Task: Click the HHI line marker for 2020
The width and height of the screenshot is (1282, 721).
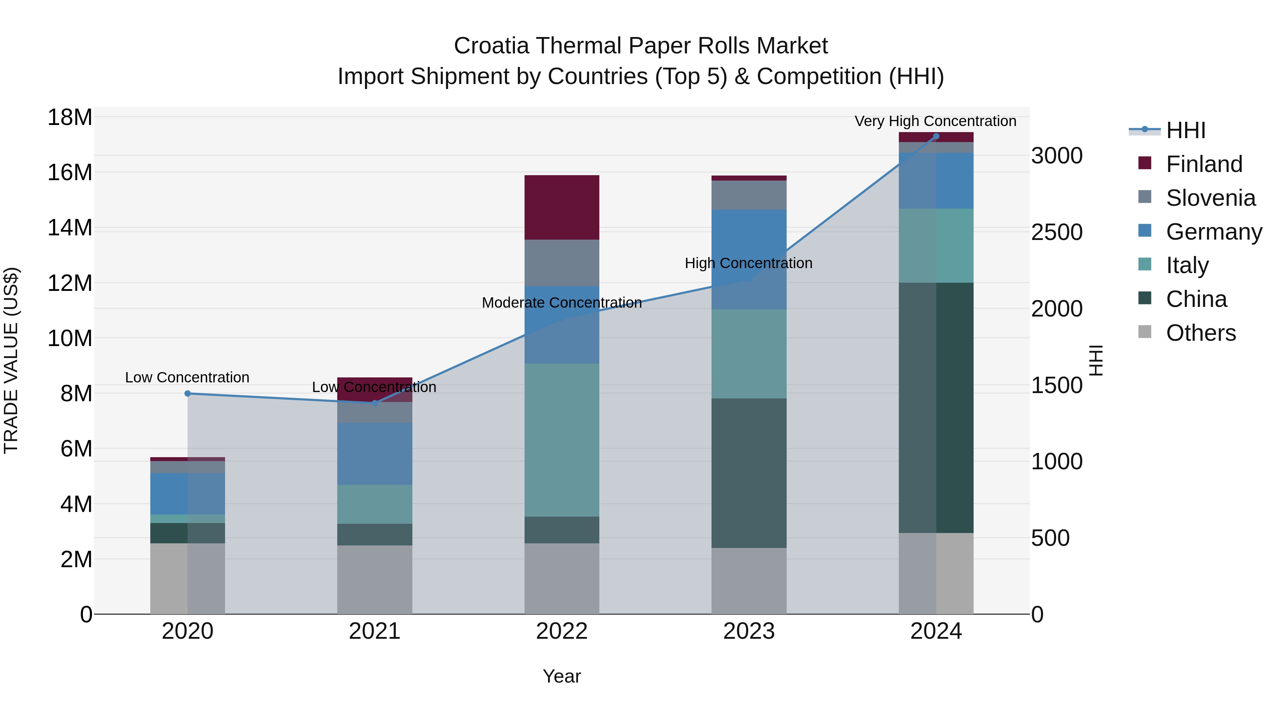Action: (188, 393)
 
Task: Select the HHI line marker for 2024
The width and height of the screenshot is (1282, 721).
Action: (936, 136)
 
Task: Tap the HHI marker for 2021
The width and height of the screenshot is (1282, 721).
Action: (375, 403)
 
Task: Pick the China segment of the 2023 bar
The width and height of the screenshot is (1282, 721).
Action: (749, 473)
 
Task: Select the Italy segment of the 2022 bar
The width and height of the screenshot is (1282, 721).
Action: (562, 440)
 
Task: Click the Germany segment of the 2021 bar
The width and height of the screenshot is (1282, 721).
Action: (375, 454)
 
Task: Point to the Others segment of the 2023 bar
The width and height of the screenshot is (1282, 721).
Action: (749, 581)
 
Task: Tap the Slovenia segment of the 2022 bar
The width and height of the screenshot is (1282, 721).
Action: (562, 263)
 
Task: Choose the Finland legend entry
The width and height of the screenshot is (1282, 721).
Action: (1204, 164)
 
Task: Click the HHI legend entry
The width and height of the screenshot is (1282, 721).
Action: (1185, 130)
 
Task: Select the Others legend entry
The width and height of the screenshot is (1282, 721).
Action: (1200, 333)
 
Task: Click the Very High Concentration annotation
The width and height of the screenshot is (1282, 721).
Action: (935, 121)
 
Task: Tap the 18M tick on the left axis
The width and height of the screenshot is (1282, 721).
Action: (70, 118)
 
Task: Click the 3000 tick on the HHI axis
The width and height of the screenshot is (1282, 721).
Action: (1057, 156)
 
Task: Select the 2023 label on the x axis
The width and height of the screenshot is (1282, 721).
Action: (749, 631)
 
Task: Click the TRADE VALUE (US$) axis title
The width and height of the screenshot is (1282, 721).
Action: (11, 360)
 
